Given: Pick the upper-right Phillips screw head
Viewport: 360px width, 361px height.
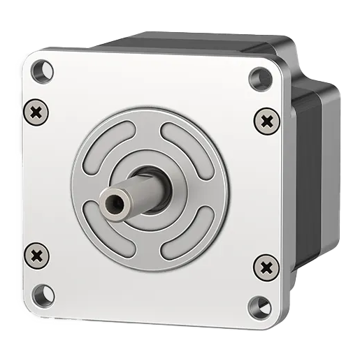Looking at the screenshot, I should tap(266, 120).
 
